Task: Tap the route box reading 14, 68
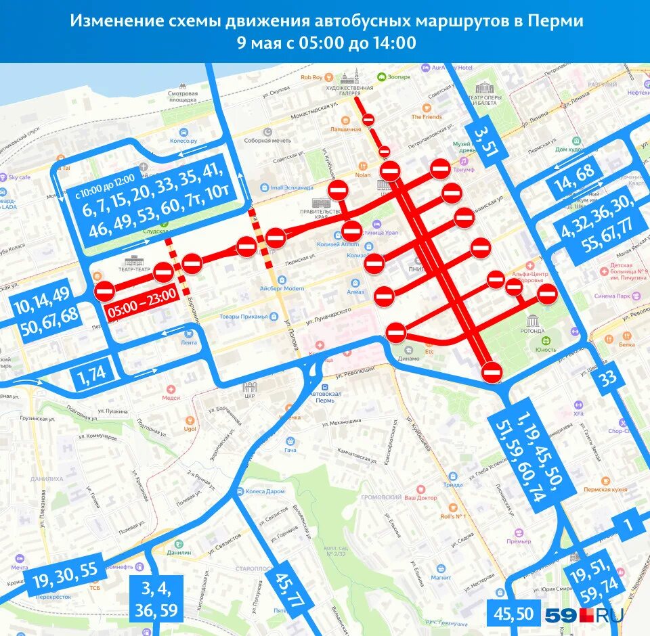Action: coord(574,178)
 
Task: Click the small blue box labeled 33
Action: coord(608,378)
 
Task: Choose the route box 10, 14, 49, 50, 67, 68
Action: coord(45,310)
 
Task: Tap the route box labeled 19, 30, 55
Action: coord(64,576)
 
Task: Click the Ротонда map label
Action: coord(534,331)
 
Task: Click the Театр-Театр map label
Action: coord(133,268)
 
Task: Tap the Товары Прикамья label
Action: coord(244,316)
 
